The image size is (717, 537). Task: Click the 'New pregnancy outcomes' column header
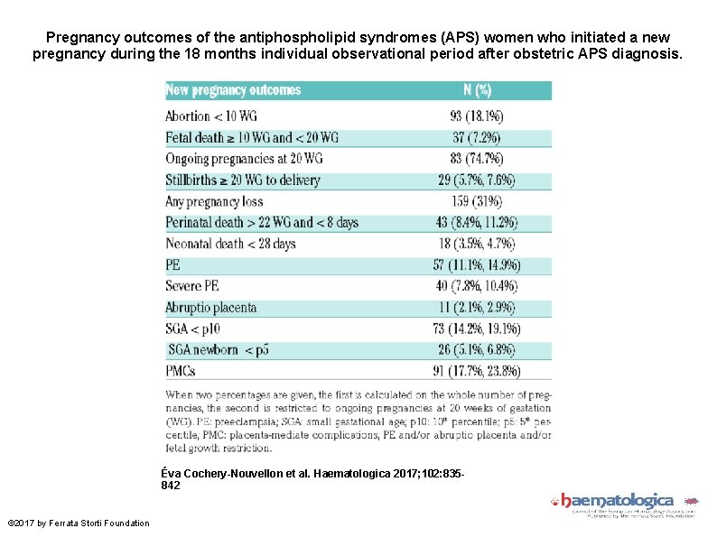233,90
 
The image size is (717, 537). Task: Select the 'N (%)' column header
477,90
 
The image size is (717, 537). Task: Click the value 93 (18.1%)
477,116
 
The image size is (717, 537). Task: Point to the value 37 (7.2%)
477,137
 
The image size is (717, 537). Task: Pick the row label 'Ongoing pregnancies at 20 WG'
244,159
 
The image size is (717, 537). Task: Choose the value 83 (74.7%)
477,159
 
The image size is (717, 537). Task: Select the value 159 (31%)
477,201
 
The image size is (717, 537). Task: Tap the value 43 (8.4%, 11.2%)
477,223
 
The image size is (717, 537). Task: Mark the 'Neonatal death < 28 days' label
230,244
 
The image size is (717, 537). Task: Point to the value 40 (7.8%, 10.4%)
477,286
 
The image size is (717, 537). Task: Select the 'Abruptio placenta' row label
211,308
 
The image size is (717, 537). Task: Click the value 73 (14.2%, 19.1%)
477,329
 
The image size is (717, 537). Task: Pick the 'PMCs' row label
181,371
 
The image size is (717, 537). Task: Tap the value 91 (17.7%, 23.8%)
477,371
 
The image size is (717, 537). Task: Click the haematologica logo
622,504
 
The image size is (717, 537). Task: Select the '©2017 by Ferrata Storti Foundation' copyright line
79,523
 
